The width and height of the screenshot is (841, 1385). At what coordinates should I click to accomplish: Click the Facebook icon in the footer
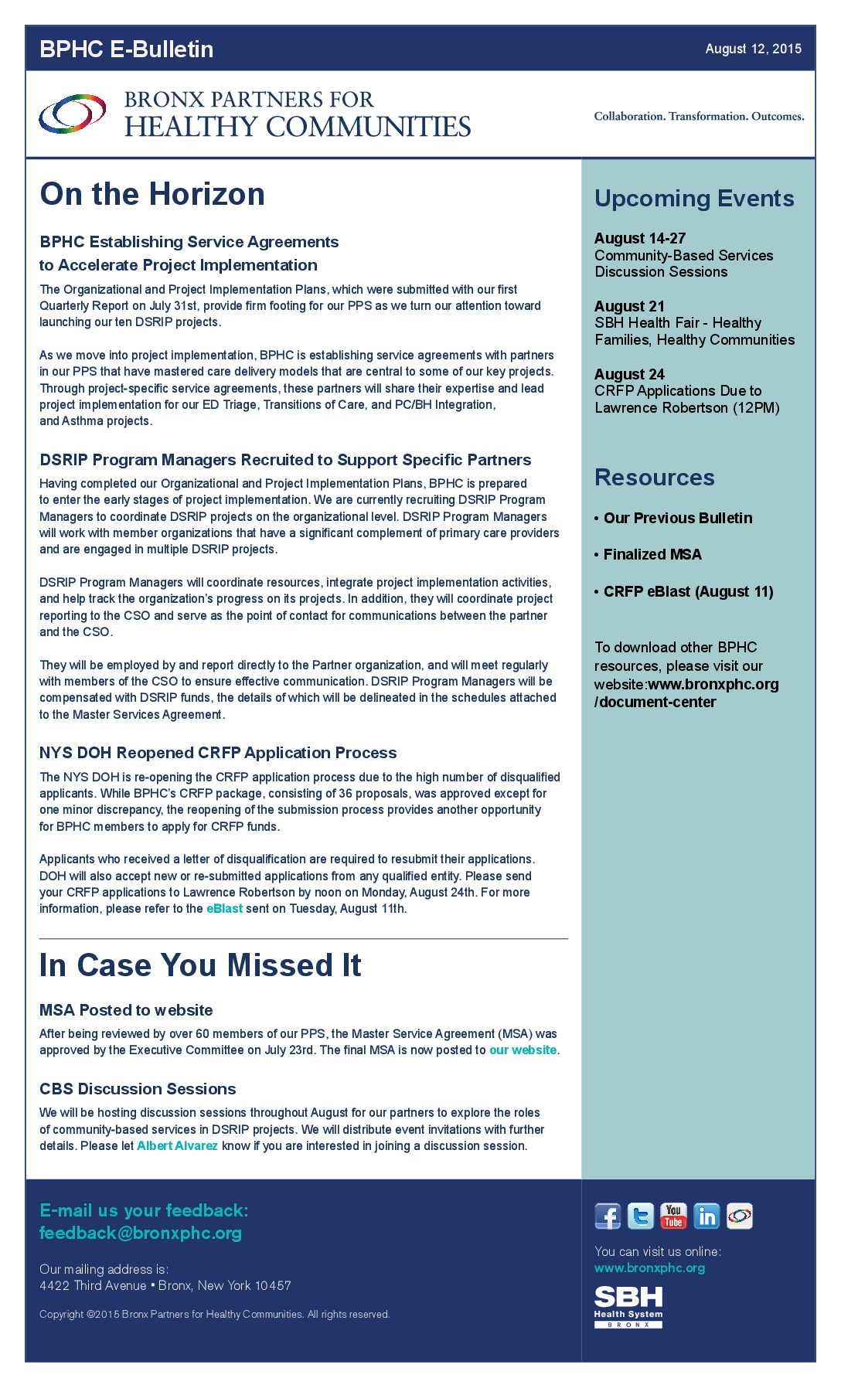pos(608,1216)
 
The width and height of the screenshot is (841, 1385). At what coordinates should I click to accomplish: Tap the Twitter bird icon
pos(641,1216)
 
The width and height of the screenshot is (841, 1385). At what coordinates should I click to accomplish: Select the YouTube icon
pos(673,1216)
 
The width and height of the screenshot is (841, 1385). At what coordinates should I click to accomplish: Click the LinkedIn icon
pos(707,1216)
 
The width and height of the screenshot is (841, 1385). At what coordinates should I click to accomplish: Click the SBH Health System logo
pos(628,1307)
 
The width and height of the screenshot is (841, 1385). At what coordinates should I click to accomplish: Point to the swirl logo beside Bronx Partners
pos(73,114)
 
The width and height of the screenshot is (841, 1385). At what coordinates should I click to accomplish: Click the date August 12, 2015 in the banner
pos(753,49)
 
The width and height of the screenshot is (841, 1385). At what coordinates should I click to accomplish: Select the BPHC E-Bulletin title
pos(127,49)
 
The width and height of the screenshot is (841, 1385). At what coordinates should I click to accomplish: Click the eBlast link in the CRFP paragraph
pos(224,909)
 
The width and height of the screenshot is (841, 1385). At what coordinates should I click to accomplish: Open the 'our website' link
pos(523,1050)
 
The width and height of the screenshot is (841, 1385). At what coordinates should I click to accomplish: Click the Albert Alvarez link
pos(177,1146)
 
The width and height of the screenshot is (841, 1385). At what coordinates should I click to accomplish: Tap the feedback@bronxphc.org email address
pos(141,1233)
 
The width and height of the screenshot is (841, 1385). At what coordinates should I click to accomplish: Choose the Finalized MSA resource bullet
pos(652,555)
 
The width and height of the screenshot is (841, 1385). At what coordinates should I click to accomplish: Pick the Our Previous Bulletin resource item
pos(678,519)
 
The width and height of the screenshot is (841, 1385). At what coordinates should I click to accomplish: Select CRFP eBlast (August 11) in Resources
pos(688,592)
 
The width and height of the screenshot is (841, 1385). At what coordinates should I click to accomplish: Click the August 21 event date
pos(629,307)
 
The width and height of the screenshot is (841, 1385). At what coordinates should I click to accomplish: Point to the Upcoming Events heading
pos(694,199)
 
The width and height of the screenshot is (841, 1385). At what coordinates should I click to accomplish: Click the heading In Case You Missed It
pos(200,965)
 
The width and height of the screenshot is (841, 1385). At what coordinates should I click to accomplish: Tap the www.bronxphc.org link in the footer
pos(649,1268)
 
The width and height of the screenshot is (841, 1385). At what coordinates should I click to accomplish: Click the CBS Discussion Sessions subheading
pos(138,1089)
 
